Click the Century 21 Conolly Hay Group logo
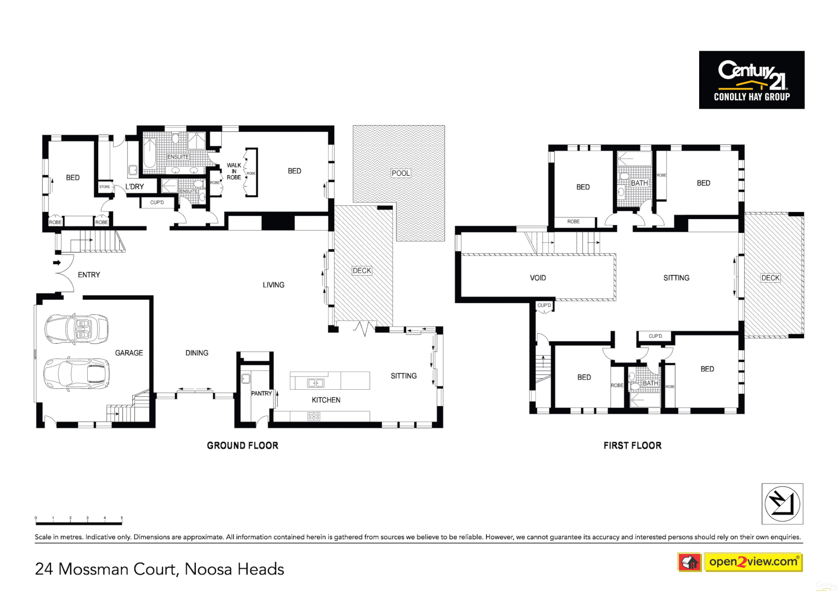751,80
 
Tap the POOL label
401,173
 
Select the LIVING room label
273,285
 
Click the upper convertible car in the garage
76,329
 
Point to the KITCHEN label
326,400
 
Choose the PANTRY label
261,393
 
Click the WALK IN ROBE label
234,171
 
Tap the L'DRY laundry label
134,187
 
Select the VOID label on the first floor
538,278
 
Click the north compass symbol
782,504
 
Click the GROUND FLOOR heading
243,445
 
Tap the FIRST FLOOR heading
632,445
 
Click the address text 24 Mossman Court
159,569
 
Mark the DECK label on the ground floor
362,271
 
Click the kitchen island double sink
316,383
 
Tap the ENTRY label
89,275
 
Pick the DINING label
196,353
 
